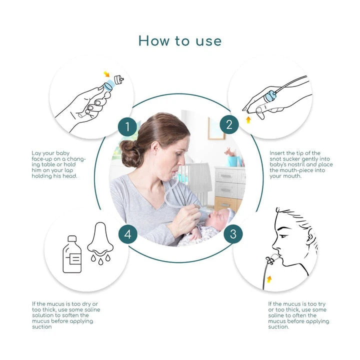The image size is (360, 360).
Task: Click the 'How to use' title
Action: click(180, 41)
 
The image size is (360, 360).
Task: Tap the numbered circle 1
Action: click(127, 126)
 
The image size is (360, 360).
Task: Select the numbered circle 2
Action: click(229, 124)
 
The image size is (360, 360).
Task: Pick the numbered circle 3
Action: click(233, 234)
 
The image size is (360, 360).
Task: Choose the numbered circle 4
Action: click(128, 234)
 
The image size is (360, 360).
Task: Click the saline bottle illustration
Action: click(72, 254)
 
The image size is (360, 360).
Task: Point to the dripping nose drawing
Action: click(100, 243)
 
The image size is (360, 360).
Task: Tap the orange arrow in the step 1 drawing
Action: click(106, 74)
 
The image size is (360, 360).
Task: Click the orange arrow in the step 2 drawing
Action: click(248, 120)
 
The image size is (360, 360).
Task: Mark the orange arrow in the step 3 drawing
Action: click(269, 279)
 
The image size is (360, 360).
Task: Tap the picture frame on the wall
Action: click(216, 128)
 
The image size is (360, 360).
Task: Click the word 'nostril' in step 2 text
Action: click(294, 164)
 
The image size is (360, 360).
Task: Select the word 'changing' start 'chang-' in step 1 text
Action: click(76, 159)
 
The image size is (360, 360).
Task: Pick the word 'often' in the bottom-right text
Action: click(298, 315)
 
